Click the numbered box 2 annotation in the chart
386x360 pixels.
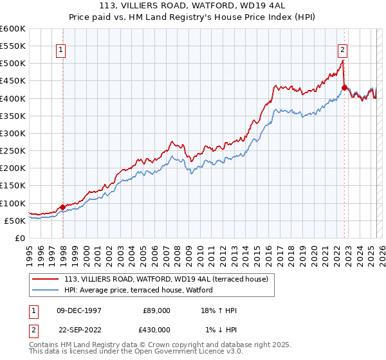[342, 49]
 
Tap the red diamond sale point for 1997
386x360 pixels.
[62, 207]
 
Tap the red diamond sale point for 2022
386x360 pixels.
[344, 88]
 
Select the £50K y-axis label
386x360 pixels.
[15, 221]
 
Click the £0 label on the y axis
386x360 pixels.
[21, 238]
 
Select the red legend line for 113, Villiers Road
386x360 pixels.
[46, 278]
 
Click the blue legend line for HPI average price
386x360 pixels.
[46, 291]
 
